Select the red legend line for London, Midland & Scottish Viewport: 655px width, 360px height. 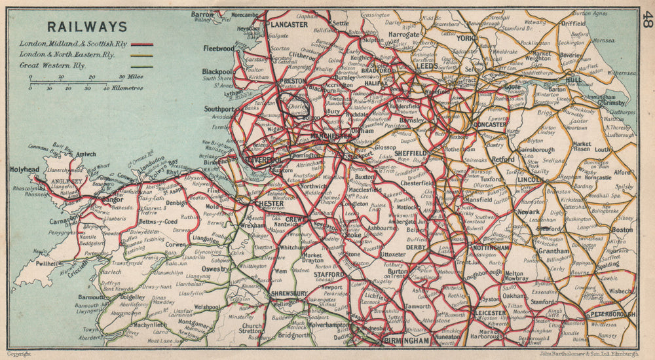142,45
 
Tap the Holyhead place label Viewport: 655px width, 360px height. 26,169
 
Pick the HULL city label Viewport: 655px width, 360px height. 574,80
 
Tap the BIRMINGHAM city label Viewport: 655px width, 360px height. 407,341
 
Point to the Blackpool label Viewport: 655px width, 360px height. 218,71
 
